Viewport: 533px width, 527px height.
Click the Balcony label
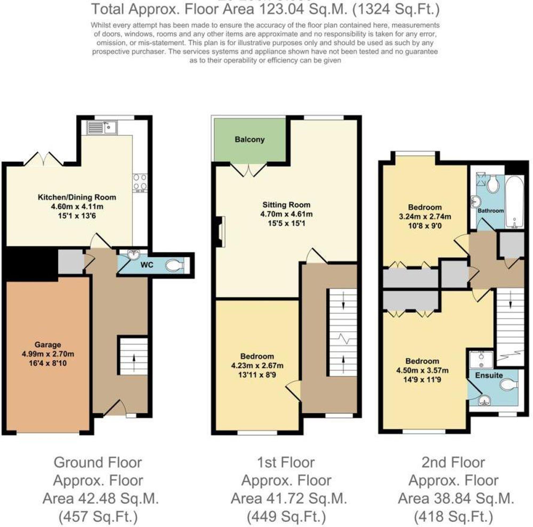point(249,140)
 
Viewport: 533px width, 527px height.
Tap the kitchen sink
point(102,128)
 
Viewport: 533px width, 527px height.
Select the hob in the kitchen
point(140,182)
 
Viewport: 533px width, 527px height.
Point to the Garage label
point(48,345)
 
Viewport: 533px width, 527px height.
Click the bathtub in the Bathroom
point(515,202)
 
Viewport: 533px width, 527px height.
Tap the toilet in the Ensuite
point(509,385)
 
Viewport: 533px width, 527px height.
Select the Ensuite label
point(489,375)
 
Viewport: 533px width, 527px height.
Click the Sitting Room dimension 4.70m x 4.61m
point(286,214)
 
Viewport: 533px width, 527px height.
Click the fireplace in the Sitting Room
point(221,231)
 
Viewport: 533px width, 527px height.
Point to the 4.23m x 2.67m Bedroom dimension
point(257,366)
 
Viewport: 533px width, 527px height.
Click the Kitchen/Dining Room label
point(77,197)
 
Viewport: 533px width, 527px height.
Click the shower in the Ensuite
point(481,360)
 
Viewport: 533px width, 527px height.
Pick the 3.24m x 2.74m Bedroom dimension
point(425,217)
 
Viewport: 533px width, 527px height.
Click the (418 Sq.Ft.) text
point(453,517)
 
